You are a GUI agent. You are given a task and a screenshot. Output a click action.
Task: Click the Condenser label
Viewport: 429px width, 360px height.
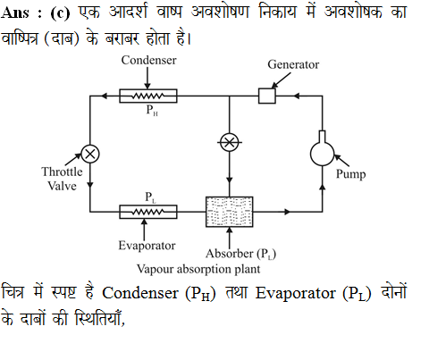148,60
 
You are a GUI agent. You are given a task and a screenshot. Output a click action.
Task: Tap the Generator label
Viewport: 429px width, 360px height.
293,64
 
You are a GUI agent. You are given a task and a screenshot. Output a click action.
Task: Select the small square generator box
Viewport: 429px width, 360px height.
267,96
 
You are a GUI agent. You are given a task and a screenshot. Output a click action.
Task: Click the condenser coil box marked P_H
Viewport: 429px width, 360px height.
148,96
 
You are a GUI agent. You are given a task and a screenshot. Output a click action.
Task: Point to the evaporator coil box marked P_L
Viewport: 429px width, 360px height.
148,212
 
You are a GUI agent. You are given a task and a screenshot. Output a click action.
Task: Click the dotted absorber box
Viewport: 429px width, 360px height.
230,212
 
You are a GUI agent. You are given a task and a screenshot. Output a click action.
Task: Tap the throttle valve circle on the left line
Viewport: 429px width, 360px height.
90,154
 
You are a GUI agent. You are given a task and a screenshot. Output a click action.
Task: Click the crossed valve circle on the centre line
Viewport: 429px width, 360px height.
229,142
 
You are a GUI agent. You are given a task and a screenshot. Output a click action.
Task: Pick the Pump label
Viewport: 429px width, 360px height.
350,174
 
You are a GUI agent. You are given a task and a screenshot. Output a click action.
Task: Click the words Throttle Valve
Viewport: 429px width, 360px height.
62,179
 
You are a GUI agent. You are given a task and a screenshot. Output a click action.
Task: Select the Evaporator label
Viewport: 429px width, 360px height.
147,246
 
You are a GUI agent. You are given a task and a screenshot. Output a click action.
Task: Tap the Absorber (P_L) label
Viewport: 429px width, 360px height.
240,254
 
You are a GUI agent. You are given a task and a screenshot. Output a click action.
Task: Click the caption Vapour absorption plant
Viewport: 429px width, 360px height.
198,269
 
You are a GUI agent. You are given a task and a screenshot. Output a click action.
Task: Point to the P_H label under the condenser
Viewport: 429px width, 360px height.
152,110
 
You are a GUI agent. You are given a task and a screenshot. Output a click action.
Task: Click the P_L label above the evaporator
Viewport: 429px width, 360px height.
150,197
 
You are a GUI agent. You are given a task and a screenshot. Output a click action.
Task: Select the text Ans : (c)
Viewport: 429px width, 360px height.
35,13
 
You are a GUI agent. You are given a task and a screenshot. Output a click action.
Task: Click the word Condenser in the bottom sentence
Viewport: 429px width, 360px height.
140,293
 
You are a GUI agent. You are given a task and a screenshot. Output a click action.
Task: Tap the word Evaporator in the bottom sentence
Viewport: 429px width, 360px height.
295,293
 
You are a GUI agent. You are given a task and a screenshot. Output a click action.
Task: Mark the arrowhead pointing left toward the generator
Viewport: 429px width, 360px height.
296,96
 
